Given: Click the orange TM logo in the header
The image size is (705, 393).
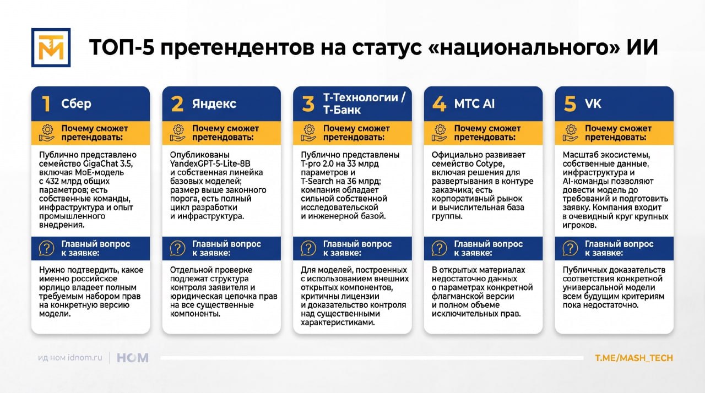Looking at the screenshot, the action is coord(51,47).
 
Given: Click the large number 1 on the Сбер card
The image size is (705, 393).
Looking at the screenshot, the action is coord(46,103).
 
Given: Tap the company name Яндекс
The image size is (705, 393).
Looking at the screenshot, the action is coord(214,103).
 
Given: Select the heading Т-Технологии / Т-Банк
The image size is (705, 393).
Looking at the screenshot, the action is coord(364,103).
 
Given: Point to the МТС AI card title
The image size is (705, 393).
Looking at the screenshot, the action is coord(474,103).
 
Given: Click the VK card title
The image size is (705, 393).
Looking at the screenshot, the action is coord(593,103).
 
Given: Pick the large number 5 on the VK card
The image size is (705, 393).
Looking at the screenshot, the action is coord(570,103).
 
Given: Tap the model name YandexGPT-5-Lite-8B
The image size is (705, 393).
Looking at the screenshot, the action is coord(210,164).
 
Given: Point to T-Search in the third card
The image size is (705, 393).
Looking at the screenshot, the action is coord(317,182).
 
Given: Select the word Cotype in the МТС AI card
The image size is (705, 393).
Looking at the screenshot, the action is coord(490,164).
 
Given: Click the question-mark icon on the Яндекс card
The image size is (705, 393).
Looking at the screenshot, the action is coord(177,248).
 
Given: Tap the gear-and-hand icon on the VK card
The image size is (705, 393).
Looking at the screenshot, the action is coord(570,133).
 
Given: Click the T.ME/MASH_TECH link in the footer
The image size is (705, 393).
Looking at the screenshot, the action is coord(634,358).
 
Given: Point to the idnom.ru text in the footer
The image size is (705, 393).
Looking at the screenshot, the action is coord(85,358).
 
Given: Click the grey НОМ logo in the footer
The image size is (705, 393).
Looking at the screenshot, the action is coord(133,358).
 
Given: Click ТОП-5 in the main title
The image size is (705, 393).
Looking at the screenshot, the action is coord(122,48).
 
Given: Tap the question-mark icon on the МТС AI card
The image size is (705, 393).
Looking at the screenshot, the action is coord(440,248).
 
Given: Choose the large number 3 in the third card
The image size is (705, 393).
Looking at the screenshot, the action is coord(308,103).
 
